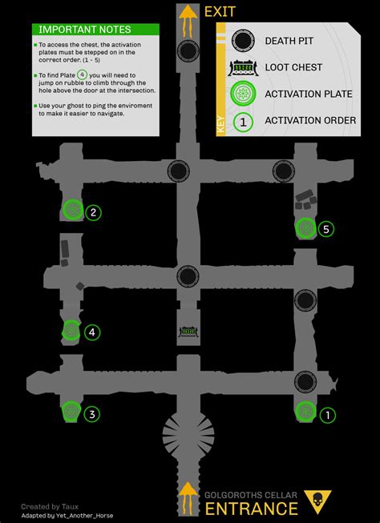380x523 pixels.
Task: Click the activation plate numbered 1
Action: tap(305, 412)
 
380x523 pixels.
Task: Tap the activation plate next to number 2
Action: tap(72, 210)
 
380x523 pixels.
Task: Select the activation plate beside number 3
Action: tap(71, 412)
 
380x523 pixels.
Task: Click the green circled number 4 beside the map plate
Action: tap(93, 332)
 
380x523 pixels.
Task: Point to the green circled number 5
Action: tap(325, 229)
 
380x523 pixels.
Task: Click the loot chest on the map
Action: tap(188, 331)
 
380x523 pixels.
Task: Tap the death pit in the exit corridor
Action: tap(188, 52)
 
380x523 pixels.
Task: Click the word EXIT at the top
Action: tap(220, 12)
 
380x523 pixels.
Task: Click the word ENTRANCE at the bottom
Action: tap(252, 509)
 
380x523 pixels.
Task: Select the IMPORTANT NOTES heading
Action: tap(74, 30)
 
